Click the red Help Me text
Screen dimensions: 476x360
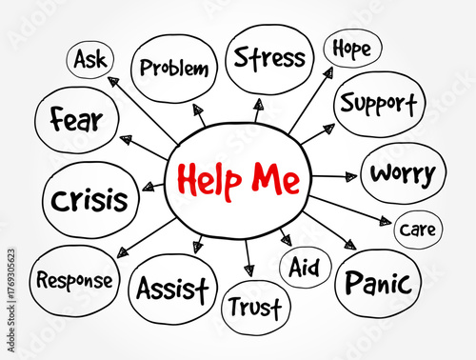(237, 179)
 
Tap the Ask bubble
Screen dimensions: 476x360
(90, 59)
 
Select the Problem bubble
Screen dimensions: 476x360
(172, 67)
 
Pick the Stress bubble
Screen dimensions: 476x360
(269, 57)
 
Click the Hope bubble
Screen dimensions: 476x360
(351, 48)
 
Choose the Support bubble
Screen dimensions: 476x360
(378, 102)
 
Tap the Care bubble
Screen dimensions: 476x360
(417, 230)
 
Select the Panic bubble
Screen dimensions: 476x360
(377, 283)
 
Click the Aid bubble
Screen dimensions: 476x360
(304, 264)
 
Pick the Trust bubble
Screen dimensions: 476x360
(255, 308)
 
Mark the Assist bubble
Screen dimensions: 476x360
(172, 287)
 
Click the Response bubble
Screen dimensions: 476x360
(74, 280)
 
